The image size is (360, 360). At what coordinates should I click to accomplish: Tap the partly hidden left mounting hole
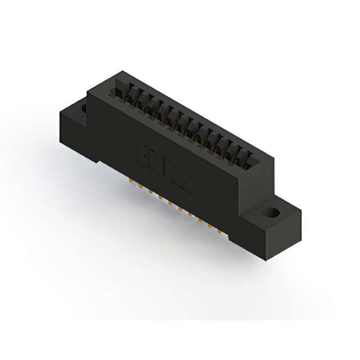coord(85,107)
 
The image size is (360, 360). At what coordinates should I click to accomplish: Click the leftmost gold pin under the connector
coord(132,182)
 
